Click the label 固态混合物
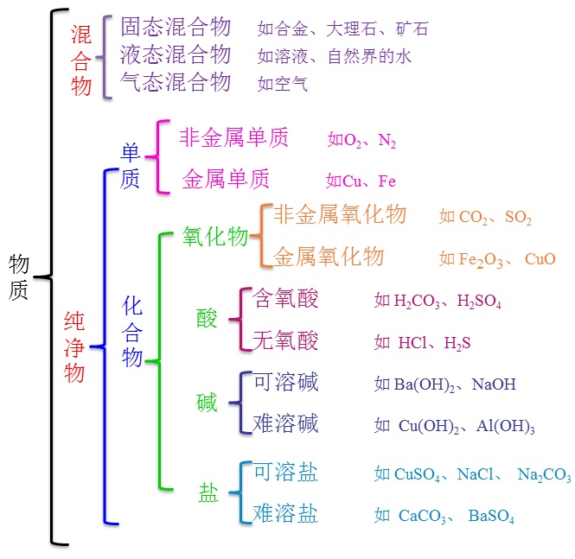point(176,27)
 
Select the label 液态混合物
point(176,54)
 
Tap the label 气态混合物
point(176,82)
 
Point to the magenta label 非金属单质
point(233,137)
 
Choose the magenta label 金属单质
point(226,179)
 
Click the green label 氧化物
point(215,238)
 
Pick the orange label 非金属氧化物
point(339,214)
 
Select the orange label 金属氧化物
point(329,257)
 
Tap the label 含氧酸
point(285,299)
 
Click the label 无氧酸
point(285,340)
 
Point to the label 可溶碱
point(285,382)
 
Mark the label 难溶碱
point(285,423)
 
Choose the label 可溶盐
point(285,473)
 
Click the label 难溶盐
point(285,515)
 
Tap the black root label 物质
point(19,276)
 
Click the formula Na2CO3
point(544,474)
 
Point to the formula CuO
point(540,258)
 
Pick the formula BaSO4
point(491,518)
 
